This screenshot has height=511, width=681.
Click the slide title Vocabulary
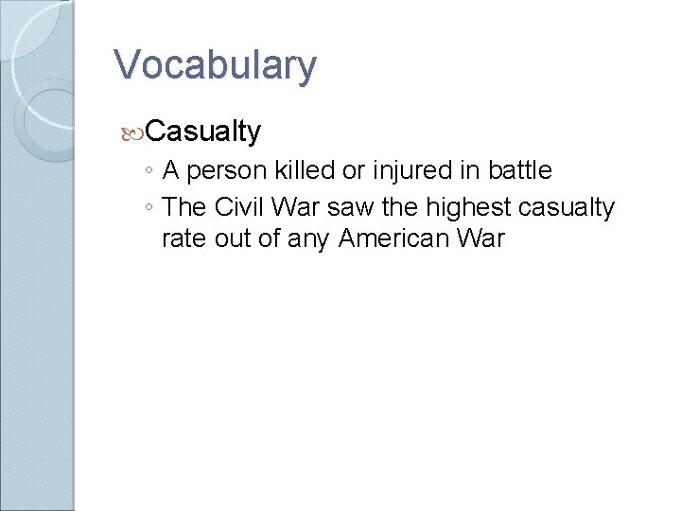pos(215,65)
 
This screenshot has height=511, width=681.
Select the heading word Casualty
pos(203,131)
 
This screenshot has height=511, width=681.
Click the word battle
pos(518,170)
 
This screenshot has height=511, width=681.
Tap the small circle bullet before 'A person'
pos(150,172)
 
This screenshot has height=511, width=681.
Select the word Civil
pos(236,206)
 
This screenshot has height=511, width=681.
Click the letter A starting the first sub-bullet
pos(172,170)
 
